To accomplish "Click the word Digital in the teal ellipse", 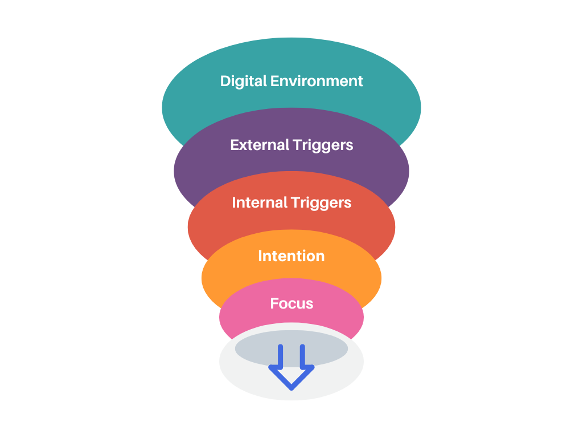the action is click(x=244, y=82).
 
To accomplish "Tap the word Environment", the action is click(x=317, y=81).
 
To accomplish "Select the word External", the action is click(x=260, y=145).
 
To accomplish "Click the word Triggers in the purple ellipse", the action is click(x=323, y=145).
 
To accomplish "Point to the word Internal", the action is click(x=260, y=202).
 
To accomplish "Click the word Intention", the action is click(x=291, y=256).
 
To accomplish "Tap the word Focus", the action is click(x=291, y=303).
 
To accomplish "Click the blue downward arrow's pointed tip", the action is click(x=291, y=389).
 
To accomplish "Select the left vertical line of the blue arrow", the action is click(x=280, y=356).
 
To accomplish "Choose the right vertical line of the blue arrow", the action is click(x=302, y=356).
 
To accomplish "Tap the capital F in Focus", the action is click(x=274, y=303).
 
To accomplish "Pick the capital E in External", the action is click(x=235, y=145).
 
